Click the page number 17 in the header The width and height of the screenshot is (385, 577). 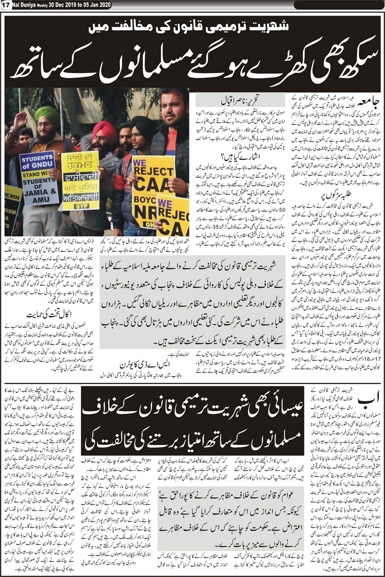[x=5, y=4]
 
